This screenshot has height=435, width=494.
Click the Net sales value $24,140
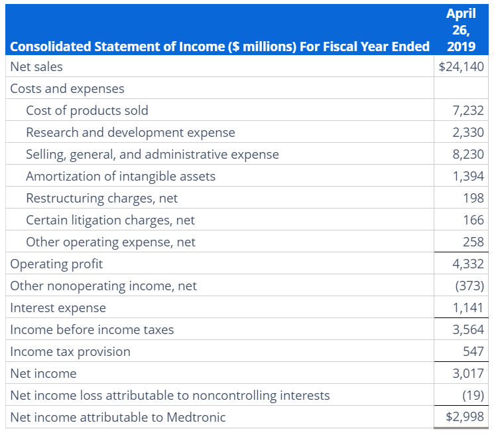[462, 66]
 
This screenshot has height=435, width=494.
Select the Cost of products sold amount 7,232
[468, 110]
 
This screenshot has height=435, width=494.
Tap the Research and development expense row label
[130, 132]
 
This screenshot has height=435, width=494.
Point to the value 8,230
[468, 154]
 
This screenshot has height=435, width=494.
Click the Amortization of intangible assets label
[120, 176]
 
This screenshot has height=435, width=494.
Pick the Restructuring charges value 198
[473, 198]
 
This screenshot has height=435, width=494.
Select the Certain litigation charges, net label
[110, 220]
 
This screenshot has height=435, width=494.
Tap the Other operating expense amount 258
[473, 242]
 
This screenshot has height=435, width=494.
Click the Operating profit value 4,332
[468, 264]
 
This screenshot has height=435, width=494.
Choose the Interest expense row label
[58, 307]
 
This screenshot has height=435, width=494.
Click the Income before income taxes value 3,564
[468, 329]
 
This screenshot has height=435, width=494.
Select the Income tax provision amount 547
[473, 351]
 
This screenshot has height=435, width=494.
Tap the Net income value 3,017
[468, 373]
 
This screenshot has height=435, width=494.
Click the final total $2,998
[464, 417]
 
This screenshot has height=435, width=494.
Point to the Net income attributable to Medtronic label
[118, 417]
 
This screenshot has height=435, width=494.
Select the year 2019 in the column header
[461, 46]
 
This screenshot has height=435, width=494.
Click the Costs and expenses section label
[67, 88]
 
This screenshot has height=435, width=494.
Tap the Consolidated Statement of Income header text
[219, 46]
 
